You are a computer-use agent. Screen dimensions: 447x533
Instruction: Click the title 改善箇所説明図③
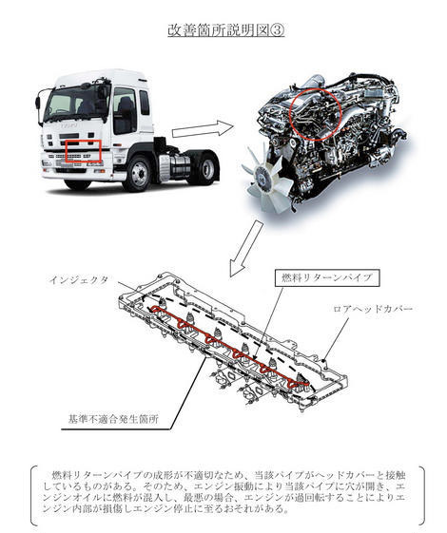point(226,30)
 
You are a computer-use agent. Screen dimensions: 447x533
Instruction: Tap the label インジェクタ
point(79,280)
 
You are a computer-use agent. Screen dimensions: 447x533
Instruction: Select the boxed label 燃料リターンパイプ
point(327,278)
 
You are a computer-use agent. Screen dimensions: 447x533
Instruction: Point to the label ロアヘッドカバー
point(373,309)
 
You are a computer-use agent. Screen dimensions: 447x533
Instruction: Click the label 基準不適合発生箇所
point(113,419)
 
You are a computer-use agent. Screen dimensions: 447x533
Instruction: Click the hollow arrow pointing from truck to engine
point(203,129)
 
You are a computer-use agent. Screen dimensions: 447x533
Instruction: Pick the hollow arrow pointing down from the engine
point(246,248)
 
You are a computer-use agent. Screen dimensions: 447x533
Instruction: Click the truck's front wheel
point(138,173)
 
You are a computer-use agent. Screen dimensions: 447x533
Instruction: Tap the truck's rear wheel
point(205,168)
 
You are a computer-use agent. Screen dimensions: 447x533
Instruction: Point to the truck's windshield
point(76,102)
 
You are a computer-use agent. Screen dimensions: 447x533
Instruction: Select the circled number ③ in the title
point(277,30)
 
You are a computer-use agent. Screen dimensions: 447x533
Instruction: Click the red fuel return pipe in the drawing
point(230,348)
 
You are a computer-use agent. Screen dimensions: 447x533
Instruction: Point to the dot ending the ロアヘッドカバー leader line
point(324,360)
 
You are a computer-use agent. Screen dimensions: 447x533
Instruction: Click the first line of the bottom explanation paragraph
point(228,475)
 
